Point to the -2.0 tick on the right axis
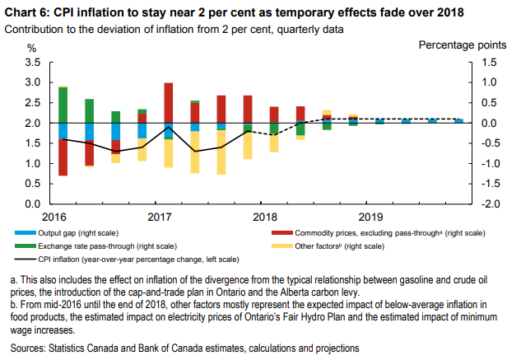tap(490, 203)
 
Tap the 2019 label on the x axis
tap(370, 216)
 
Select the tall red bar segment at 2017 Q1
tap(168, 102)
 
